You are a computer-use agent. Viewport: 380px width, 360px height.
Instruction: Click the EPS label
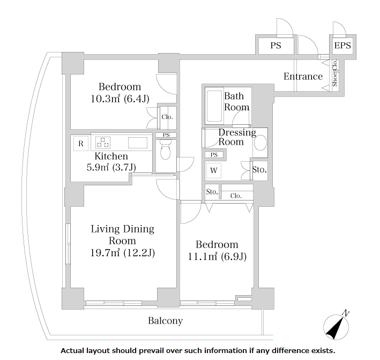click(x=342, y=46)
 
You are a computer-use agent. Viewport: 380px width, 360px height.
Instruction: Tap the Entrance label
click(x=303, y=77)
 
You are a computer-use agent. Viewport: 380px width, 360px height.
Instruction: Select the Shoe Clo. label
click(x=334, y=73)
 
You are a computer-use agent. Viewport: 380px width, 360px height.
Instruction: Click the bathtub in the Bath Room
click(x=214, y=106)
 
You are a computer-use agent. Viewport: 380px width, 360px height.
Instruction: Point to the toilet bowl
click(x=166, y=150)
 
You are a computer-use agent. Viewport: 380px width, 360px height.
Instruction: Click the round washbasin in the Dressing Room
click(x=260, y=142)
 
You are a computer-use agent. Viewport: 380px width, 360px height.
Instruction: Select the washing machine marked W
click(x=213, y=170)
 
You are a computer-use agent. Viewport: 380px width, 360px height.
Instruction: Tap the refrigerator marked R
click(x=81, y=144)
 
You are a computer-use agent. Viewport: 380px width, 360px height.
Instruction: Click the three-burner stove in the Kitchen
click(x=103, y=142)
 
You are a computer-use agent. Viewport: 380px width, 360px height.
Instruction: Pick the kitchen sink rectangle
click(x=138, y=142)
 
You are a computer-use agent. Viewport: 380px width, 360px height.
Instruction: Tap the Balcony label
click(x=166, y=321)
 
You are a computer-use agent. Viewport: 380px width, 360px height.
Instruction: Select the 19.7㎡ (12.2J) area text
click(x=123, y=253)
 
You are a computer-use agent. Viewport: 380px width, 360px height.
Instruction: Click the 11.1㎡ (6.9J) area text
click(x=217, y=257)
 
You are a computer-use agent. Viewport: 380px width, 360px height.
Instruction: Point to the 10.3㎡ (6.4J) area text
click(x=120, y=99)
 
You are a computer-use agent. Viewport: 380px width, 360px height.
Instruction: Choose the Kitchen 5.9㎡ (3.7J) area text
click(x=111, y=167)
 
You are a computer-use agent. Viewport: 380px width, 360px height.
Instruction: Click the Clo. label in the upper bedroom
click(x=167, y=117)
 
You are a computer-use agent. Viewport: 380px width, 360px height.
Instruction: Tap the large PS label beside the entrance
click(x=276, y=46)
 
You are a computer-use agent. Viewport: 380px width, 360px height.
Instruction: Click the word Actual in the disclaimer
click(x=72, y=351)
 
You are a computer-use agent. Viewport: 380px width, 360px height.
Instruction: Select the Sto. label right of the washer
click(x=259, y=170)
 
